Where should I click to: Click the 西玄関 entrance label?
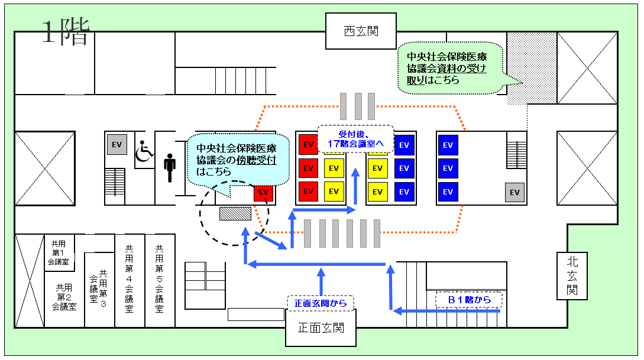(361, 31)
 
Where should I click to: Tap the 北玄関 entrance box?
(572, 275)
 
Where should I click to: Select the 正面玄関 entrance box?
(321, 328)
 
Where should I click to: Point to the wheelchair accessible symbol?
(144, 152)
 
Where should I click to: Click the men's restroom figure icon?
(170, 168)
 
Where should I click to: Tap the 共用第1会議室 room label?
(59, 252)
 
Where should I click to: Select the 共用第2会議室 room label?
(64, 297)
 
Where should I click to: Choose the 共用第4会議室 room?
(129, 280)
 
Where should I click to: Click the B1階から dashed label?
(469, 300)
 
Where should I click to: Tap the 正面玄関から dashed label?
(320, 303)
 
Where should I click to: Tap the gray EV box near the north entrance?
(514, 192)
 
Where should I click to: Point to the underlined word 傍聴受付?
(258, 160)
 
